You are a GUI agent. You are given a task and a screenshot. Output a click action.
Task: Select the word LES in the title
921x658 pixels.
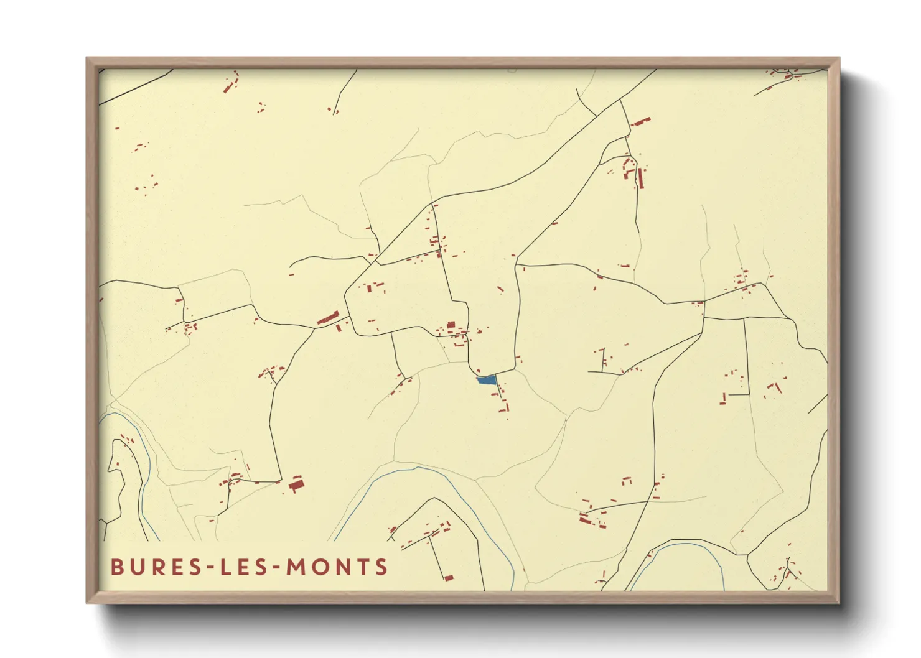[x=245, y=567]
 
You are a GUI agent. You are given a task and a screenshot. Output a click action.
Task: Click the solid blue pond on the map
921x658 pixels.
[x=487, y=379]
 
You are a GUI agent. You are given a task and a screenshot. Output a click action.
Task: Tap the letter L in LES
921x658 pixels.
[x=226, y=567]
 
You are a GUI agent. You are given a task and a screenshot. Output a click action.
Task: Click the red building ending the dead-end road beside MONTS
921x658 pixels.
[x=448, y=578]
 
